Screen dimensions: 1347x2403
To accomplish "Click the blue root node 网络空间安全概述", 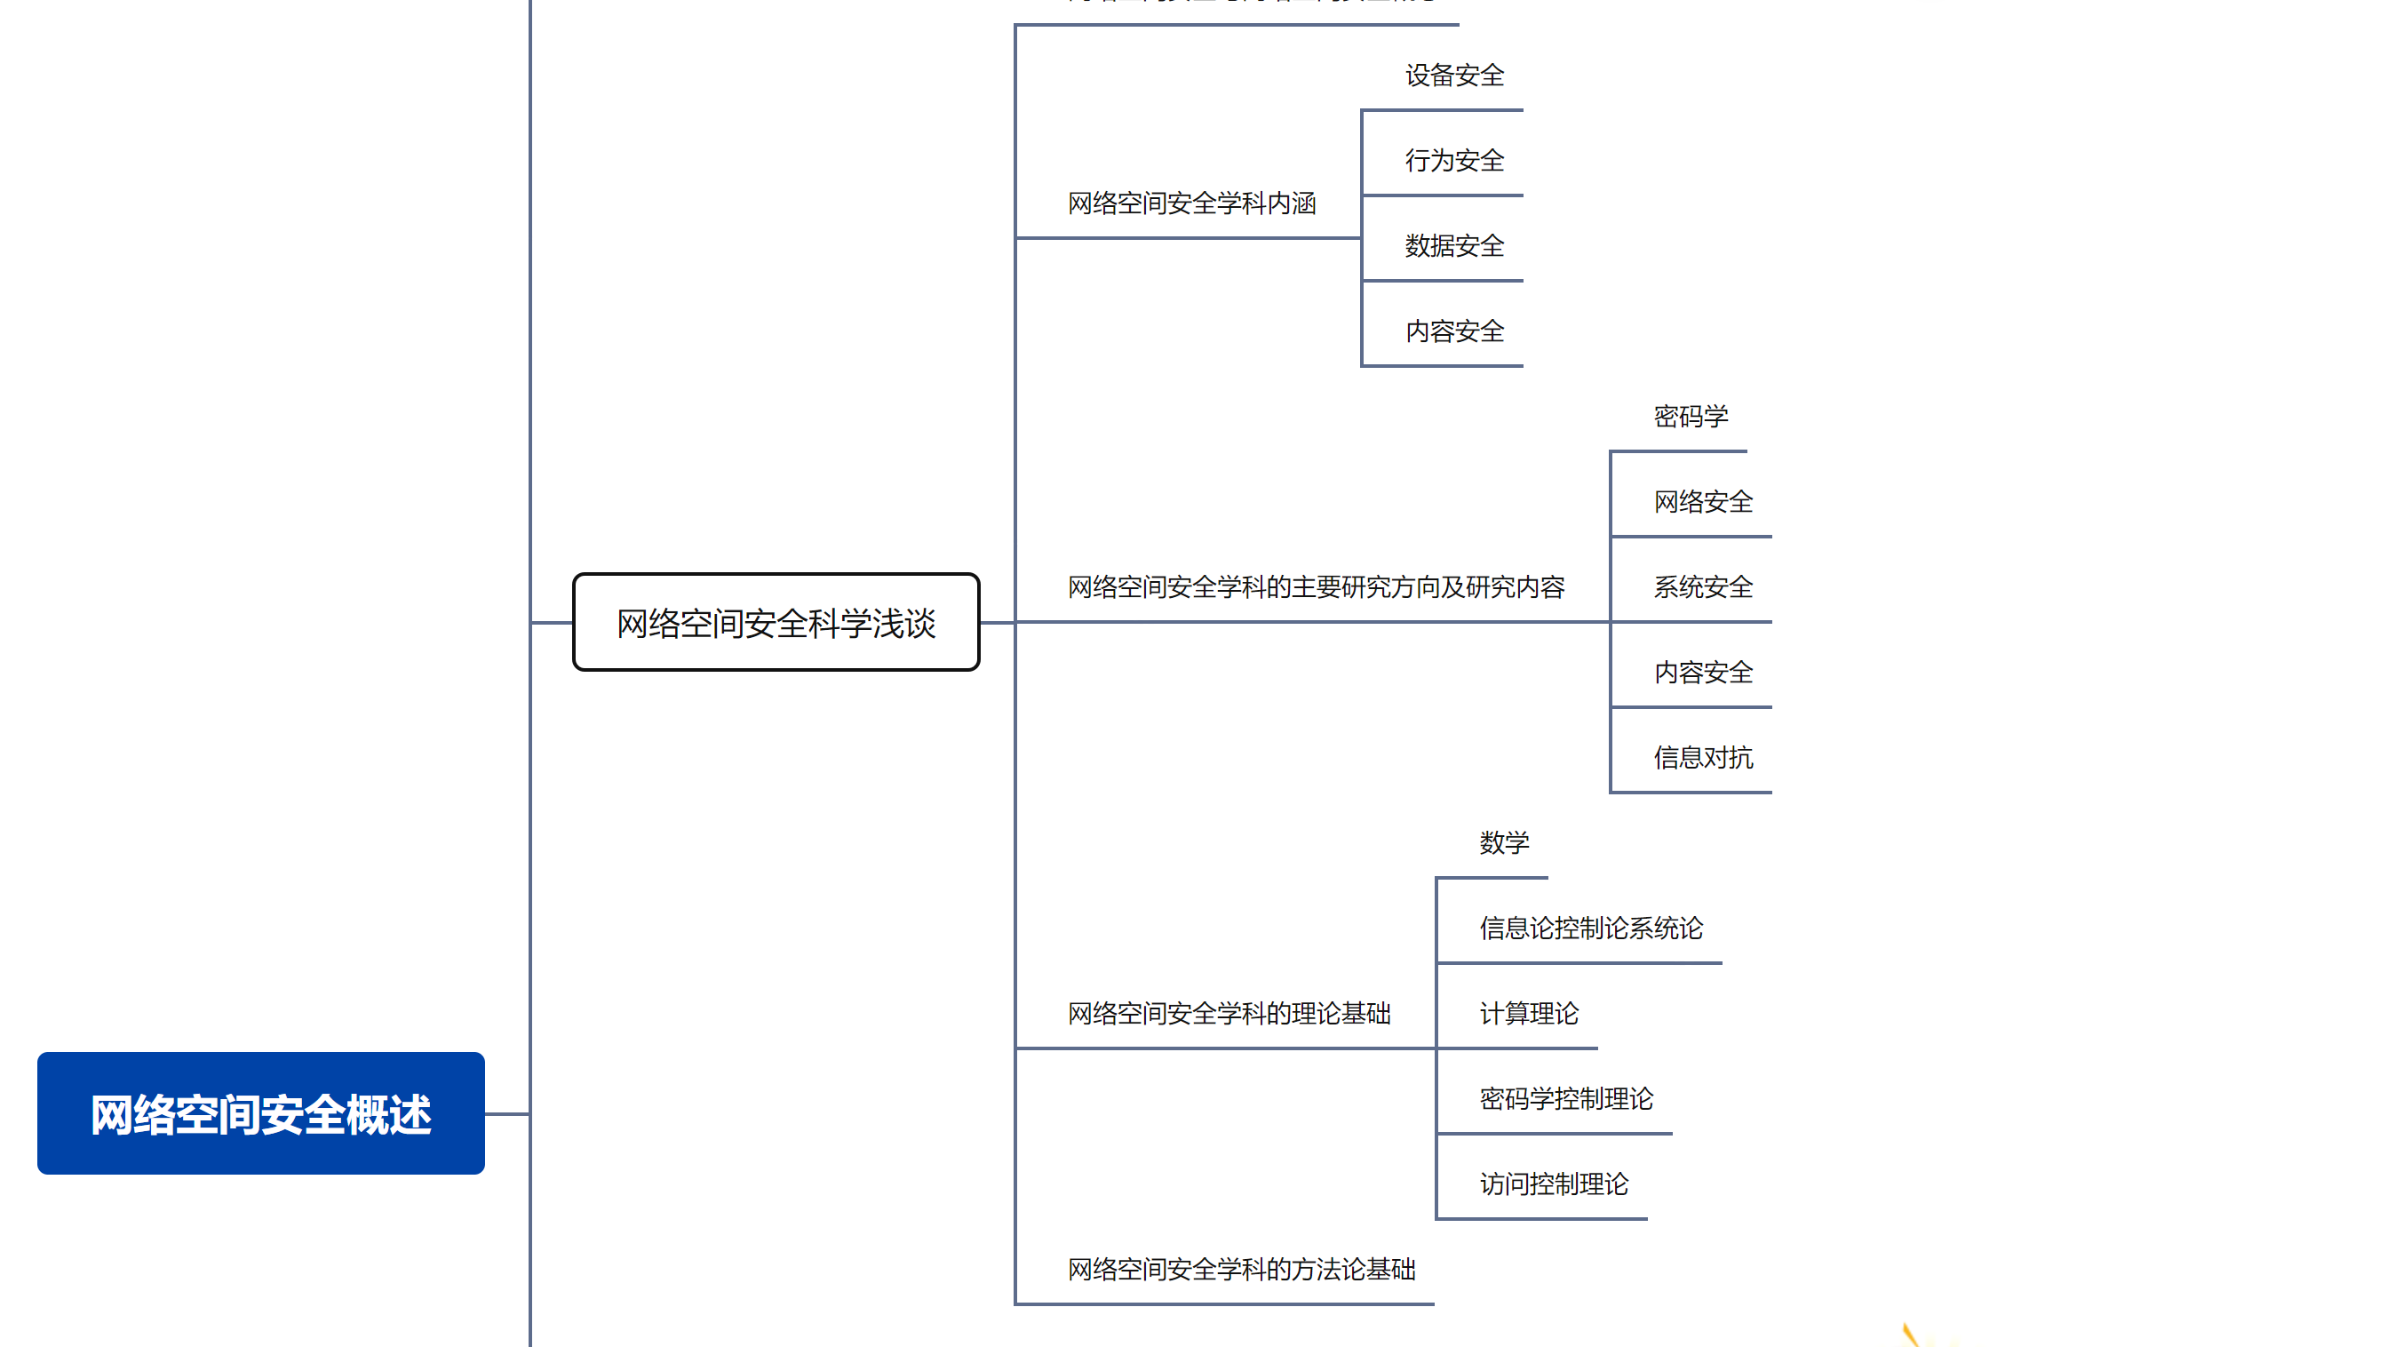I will click(x=260, y=1114).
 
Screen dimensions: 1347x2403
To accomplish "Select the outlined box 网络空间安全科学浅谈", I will click(x=776, y=623).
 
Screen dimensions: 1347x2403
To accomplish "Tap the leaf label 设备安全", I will click(x=1454, y=76).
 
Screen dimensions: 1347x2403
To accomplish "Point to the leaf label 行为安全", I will click(x=1454, y=161).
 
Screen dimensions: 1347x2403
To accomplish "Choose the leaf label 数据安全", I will click(x=1454, y=246).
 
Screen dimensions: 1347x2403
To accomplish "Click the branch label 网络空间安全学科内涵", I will click(x=1191, y=203).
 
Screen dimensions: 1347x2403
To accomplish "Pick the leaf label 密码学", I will click(x=1691, y=417).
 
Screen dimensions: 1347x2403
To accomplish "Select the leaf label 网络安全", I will click(x=1702, y=502).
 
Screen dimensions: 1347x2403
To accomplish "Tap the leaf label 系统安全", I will click(x=1702, y=587).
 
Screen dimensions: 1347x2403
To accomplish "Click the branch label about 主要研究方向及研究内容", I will click(x=1316, y=587).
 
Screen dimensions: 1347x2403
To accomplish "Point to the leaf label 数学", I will click(x=1504, y=843).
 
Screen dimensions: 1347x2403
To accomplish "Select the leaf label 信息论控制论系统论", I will click(x=1590, y=929).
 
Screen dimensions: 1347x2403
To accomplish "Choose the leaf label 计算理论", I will click(x=1529, y=1014).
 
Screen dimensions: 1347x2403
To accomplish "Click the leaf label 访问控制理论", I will click(x=1553, y=1184).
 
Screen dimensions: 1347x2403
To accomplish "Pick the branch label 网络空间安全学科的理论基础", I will click(x=1229, y=1014).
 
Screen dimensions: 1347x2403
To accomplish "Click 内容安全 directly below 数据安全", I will click(x=1454, y=331).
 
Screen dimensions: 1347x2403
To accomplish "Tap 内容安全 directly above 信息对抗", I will click(x=1702, y=673).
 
